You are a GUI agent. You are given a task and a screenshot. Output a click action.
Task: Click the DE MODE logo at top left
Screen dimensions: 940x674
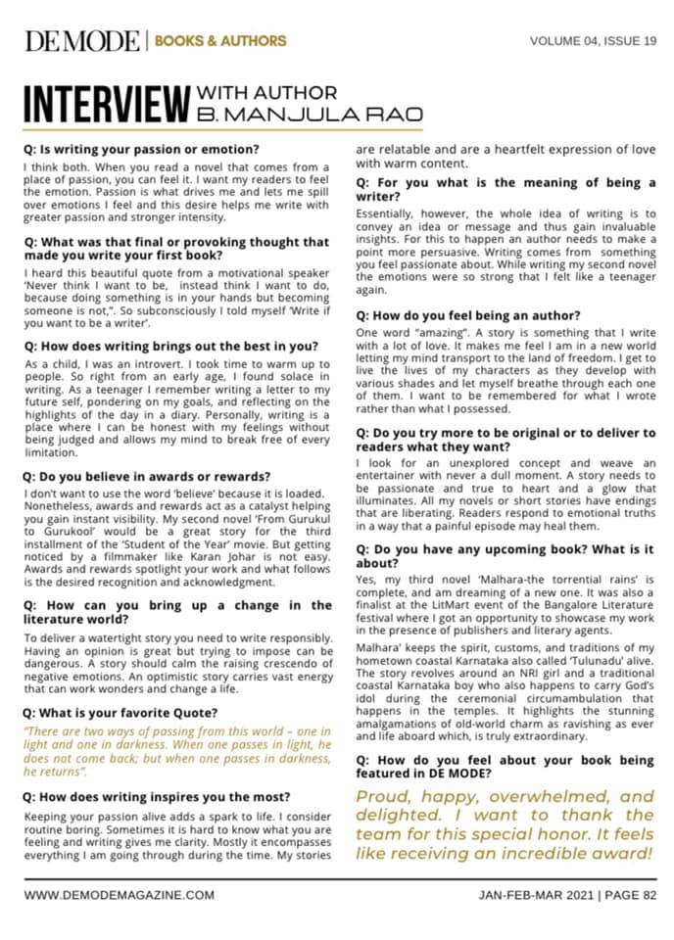tap(82, 40)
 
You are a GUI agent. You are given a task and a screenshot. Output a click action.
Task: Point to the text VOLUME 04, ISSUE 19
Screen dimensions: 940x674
tap(593, 41)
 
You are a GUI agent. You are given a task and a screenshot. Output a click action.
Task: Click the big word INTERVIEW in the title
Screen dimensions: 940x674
tap(106, 104)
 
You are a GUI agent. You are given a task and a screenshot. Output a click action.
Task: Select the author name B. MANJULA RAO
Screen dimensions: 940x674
tap(310, 115)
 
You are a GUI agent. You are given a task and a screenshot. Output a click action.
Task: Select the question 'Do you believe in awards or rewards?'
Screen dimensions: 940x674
tap(146, 477)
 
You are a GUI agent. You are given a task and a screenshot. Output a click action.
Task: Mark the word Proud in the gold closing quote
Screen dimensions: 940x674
tap(386, 796)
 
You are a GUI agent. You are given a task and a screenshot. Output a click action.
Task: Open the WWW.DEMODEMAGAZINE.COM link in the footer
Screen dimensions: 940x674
tap(119, 895)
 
